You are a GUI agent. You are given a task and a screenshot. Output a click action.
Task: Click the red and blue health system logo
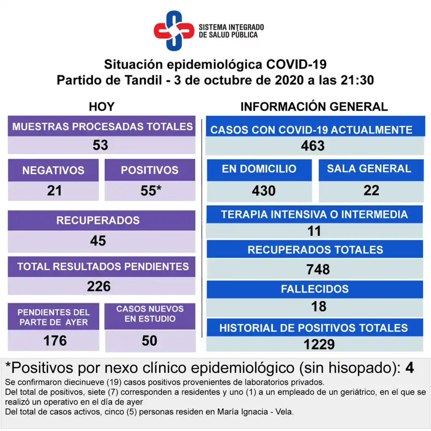pos(173,31)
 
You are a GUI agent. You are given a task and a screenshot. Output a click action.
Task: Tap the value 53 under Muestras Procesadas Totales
pos(101,145)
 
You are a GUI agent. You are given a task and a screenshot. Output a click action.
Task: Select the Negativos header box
pos(53,170)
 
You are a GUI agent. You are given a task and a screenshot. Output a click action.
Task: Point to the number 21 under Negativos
pos(54,191)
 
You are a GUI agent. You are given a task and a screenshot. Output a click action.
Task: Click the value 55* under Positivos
pos(151,191)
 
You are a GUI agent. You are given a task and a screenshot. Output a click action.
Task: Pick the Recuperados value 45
pos(98,240)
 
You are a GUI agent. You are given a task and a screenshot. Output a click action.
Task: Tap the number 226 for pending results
pos(99,286)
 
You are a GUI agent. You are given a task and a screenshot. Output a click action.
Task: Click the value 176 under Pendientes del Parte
pos(55,340)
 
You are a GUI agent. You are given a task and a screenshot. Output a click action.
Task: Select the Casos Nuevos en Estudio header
pos(150,314)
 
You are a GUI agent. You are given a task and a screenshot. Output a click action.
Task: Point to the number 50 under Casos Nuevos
pos(149,340)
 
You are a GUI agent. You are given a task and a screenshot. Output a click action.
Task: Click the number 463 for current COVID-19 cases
pos(313,146)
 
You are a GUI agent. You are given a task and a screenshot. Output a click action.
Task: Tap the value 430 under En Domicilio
pos(263,191)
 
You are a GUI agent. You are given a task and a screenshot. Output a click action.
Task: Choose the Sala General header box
pos(369,169)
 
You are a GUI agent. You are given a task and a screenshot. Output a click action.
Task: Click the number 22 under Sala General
pos(371,190)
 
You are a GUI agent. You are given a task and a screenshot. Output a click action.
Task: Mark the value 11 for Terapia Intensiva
pos(314,231)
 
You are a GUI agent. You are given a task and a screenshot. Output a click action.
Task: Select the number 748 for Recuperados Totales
pos(318,269)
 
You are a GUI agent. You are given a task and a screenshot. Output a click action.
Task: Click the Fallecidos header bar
pos(315,289)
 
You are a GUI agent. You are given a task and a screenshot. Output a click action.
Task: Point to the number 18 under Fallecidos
pos(319,306)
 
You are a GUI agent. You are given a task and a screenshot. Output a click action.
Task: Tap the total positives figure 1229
pos(319,344)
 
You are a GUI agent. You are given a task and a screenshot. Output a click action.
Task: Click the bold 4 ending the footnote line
pos(409,368)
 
